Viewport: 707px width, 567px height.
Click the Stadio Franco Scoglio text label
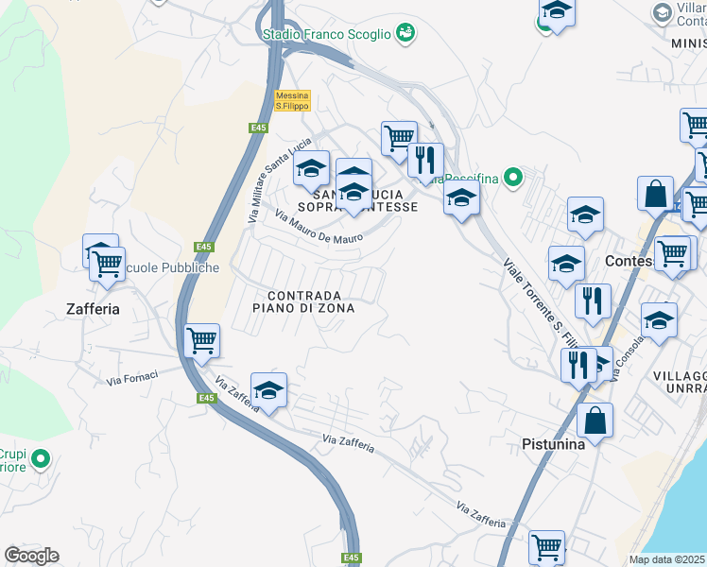tap(326, 34)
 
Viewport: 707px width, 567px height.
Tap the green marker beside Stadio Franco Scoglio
tap(405, 33)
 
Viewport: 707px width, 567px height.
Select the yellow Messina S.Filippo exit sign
tap(292, 100)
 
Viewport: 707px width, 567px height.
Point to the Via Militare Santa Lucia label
tap(266, 180)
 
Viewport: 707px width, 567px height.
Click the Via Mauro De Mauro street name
tap(319, 229)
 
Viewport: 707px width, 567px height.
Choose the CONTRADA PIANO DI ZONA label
tap(303, 301)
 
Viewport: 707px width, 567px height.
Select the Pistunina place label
tap(553, 443)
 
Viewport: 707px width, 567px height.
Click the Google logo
tap(31, 556)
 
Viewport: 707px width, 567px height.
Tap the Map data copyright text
tap(666, 559)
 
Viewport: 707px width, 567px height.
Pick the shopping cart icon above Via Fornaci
tap(202, 340)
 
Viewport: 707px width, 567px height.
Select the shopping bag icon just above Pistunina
tap(595, 420)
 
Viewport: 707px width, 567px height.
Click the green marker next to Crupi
tap(40, 460)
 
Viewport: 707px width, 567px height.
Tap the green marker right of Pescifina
tap(512, 177)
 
